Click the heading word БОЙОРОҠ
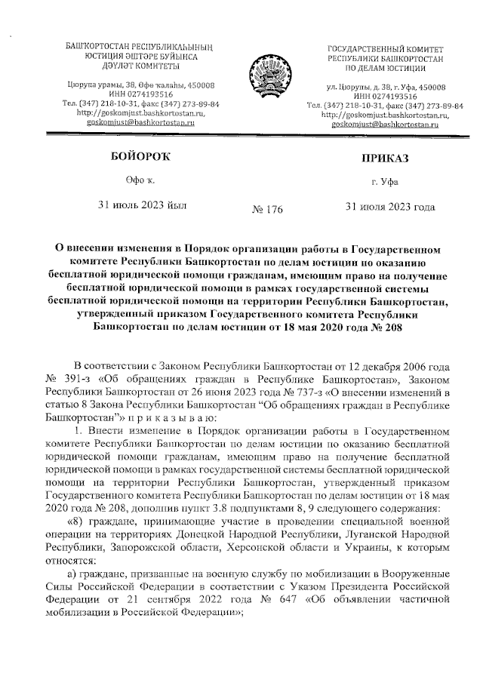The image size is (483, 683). pos(136,156)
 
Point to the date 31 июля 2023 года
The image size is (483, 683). pos(389,205)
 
